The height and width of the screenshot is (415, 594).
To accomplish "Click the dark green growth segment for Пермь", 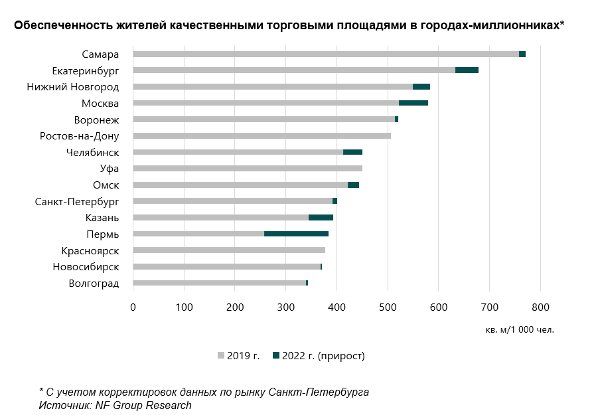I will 296,234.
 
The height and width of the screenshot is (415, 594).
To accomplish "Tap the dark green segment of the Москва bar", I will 413,103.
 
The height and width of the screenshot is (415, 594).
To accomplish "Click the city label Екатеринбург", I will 85,70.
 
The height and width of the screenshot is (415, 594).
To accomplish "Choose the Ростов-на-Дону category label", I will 79,136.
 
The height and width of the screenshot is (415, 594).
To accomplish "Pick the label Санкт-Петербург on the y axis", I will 76,201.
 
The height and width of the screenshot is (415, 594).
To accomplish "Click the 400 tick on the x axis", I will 336,307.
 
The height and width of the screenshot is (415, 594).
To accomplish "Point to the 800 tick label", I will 540,307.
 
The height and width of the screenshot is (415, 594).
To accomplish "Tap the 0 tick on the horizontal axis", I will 133,307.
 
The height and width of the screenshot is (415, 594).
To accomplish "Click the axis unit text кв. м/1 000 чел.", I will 520,329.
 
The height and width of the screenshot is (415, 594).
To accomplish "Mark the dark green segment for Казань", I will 321,217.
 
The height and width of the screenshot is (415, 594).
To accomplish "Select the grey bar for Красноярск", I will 229,250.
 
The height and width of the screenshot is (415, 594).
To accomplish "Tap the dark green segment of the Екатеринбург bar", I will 467,70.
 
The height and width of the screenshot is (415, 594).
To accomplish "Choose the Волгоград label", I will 94,284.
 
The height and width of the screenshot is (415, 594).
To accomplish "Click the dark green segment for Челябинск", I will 352,152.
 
